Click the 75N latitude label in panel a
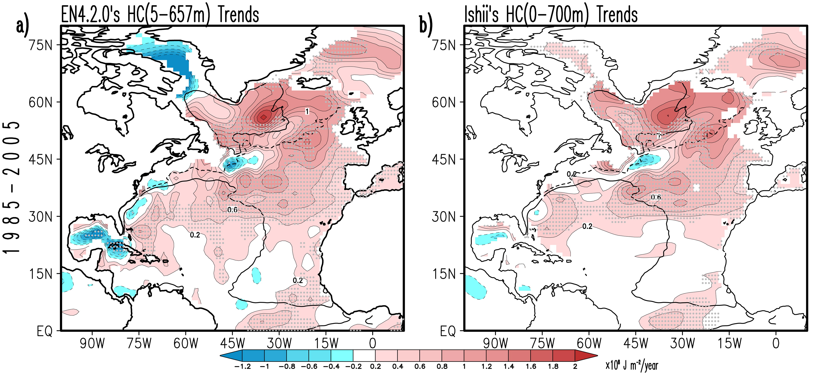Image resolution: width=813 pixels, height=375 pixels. pyautogui.click(x=40, y=45)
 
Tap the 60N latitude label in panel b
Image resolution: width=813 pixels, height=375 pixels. pyautogui.click(x=444, y=102)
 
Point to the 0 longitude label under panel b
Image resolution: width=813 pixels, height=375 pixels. pyautogui.click(x=776, y=343)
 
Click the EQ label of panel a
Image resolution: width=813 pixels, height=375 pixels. pyautogui.click(x=44, y=331)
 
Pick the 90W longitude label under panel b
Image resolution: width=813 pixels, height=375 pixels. pyautogui.click(x=495, y=343)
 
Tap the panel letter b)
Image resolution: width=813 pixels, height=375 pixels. pyautogui.click(x=426, y=26)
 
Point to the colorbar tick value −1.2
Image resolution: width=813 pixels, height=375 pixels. pyautogui.click(x=242, y=366)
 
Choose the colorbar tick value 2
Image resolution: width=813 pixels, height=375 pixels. pyautogui.click(x=575, y=366)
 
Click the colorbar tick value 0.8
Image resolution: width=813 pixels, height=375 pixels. pyautogui.click(x=442, y=366)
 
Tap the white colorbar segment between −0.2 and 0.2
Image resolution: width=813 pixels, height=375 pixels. pyautogui.click(x=364, y=356)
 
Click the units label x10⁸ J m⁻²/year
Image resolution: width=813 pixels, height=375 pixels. pyautogui.click(x=632, y=366)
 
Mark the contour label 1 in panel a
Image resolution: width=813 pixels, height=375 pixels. pyautogui.click(x=307, y=111)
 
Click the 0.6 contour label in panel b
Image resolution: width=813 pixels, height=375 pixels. pyautogui.click(x=656, y=197)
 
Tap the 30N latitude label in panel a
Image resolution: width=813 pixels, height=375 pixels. pyautogui.click(x=40, y=217)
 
